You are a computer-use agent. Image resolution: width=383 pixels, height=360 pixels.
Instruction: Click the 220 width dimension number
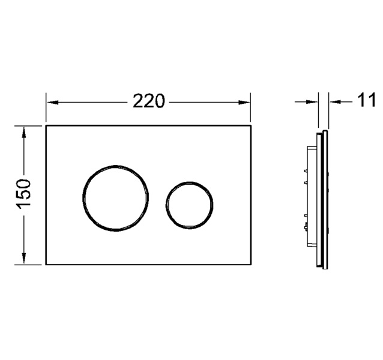tap(149, 101)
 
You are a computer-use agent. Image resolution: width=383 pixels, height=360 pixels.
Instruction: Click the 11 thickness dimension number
tap(366, 100)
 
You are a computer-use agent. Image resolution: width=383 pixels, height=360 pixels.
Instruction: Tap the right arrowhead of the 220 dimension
tap(244, 103)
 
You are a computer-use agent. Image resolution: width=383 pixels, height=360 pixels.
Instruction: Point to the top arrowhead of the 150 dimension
tap(24, 133)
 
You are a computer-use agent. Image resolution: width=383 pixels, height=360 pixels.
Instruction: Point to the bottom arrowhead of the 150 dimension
tap(24, 258)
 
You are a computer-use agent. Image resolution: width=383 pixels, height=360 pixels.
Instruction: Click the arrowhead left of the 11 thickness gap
tap(312, 101)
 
